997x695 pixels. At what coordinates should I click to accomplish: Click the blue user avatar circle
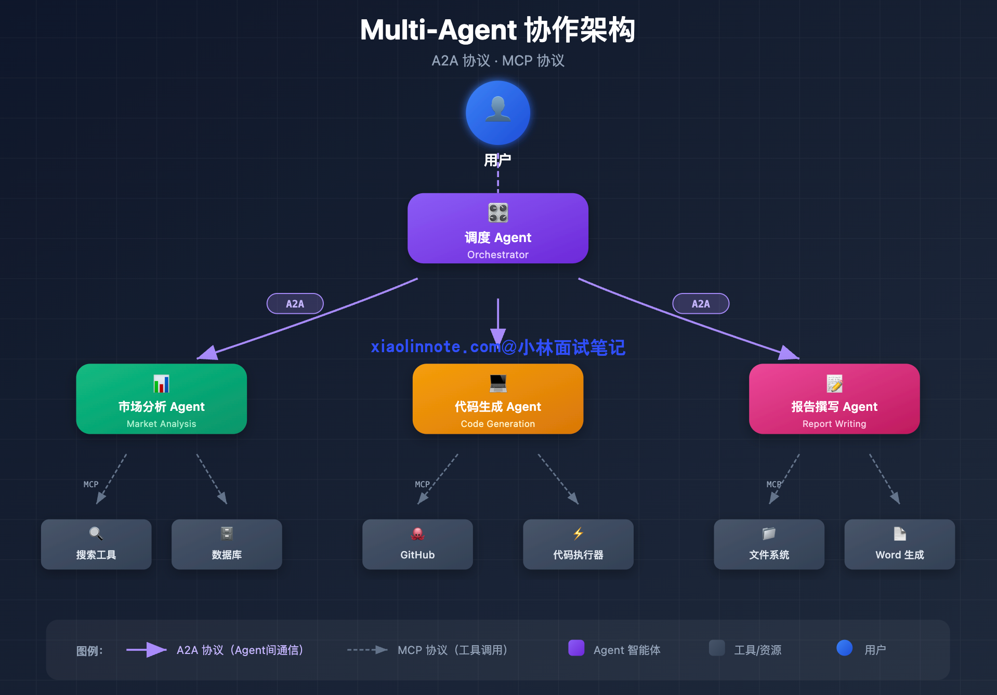point(497,113)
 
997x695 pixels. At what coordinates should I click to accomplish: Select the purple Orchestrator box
point(497,229)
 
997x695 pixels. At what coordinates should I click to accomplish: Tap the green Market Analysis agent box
point(161,399)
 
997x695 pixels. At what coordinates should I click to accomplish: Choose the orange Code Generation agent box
point(497,399)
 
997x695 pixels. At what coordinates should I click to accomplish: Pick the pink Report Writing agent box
point(834,399)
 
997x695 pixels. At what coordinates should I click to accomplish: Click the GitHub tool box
point(417,544)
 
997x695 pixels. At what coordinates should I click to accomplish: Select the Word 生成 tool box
point(899,544)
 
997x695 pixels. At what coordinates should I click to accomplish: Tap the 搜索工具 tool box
point(96,544)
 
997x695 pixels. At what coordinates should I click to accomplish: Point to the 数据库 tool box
point(227,544)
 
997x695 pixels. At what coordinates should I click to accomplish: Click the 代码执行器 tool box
point(578,544)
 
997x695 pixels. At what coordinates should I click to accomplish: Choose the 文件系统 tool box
point(769,544)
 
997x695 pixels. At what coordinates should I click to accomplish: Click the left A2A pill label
point(295,304)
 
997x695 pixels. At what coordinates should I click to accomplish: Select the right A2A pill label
point(701,304)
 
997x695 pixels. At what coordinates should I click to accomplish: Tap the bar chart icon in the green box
point(161,384)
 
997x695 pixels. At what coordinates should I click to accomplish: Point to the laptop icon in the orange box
point(497,383)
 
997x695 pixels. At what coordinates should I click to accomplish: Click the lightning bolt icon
point(578,533)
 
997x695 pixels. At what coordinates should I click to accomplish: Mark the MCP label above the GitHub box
point(422,484)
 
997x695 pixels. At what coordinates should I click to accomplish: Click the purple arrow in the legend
point(147,650)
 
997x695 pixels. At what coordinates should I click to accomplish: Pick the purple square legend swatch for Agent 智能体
point(576,648)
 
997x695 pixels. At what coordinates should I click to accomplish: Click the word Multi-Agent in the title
point(438,30)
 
